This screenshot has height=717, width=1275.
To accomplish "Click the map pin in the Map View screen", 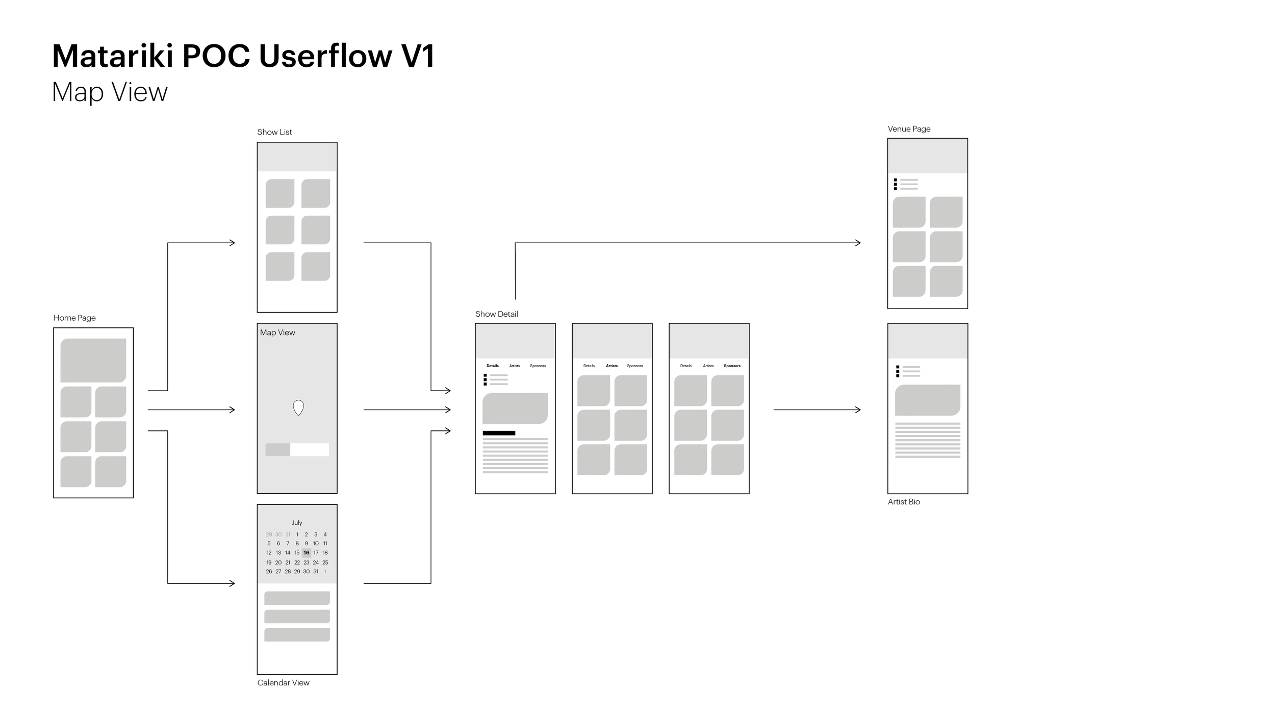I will [298, 407].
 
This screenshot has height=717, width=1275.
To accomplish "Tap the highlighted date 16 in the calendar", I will [306, 552].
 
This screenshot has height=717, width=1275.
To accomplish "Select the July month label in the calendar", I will [297, 523].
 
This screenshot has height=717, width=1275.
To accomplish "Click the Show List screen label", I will [274, 132].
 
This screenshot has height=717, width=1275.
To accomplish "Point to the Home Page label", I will [74, 318].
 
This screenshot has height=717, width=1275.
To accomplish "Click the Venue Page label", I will [909, 129].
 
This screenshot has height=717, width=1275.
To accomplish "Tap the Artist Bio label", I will [904, 502].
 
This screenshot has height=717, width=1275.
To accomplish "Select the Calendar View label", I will [283, 683].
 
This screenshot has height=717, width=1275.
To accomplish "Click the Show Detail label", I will [496, 314].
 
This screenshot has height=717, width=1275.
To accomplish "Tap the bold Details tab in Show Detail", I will [492, 366].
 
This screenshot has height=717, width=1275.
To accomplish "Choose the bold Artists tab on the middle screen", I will [611, 366].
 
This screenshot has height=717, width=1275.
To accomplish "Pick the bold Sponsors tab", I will [732, 366].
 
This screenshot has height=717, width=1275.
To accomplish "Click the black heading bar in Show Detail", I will [499, 433].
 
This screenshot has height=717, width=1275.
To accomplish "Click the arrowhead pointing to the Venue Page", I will [858, 243].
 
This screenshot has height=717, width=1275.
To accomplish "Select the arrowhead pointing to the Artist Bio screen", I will [858, 409].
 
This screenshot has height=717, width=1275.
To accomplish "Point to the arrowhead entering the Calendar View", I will [232, 583].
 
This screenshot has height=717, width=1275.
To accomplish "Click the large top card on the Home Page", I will [93, 360].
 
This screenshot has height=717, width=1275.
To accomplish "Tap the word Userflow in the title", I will [325, 56].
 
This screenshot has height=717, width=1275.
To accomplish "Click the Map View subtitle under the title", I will [110, 92].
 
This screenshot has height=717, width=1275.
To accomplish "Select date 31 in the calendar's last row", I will [316, 572].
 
